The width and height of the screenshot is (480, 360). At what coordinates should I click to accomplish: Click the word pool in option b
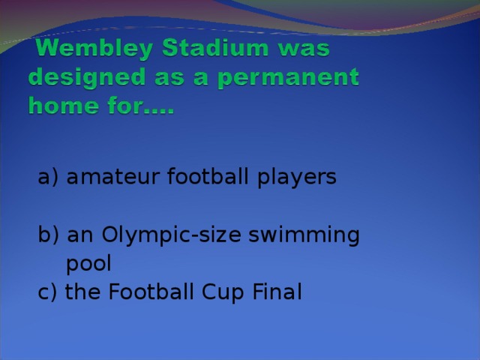coord(88,264)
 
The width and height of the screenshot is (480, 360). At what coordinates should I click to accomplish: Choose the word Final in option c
coord(277,292)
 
